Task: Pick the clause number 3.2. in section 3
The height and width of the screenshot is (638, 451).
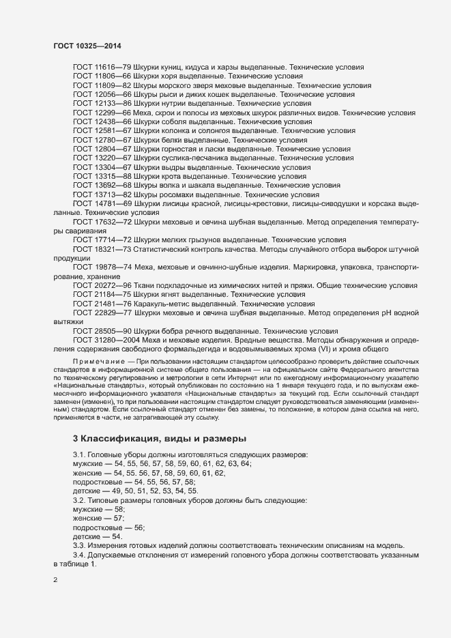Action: click(x=81, y=501)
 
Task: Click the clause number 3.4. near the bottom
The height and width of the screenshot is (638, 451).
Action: click(x=81, y=556)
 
